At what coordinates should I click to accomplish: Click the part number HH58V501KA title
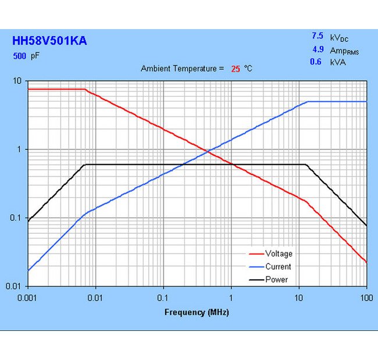[50, 41]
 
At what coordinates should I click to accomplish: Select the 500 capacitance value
[19, 56]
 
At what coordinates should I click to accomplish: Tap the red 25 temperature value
[236, 69]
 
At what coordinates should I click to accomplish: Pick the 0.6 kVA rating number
[316, 62]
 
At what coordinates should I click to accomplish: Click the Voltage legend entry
[279, 254]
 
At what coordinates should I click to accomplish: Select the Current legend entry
[278, 266]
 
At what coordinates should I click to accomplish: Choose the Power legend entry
[276, 279]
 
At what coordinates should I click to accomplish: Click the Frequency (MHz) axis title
[197, 312]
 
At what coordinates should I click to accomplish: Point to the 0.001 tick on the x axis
[27, 298]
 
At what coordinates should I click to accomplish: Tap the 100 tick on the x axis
[366, 298]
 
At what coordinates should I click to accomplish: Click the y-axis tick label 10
[17, 81]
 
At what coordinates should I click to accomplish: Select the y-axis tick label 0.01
[14, 286]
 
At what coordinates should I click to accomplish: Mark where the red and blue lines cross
[208, 152]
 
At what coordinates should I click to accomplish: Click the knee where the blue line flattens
[308, 102]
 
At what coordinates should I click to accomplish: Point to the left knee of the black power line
[85, 165]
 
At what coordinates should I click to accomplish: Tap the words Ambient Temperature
[182, 69]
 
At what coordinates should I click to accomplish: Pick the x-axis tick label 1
[231, 298]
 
